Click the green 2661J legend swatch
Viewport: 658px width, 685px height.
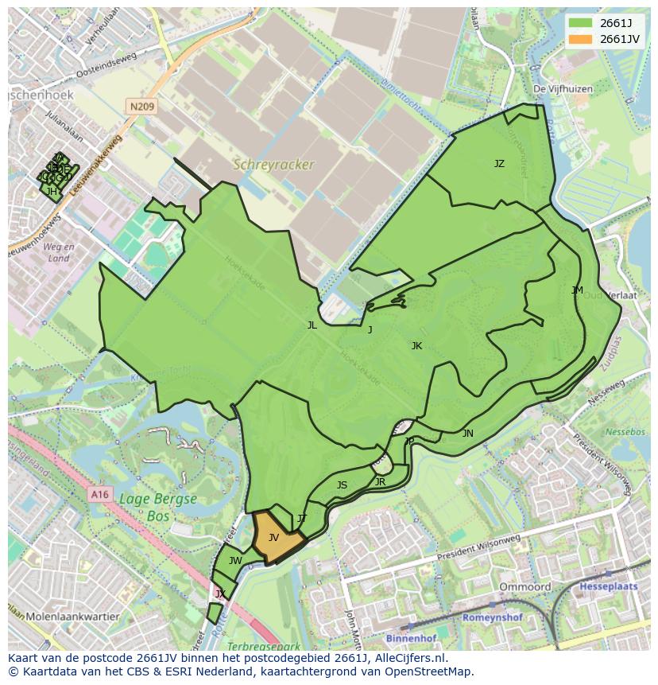[581, 23]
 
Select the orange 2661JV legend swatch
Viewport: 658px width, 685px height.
[581, 39]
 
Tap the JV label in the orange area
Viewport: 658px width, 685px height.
[273, 538]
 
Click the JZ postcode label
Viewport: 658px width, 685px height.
[499, 164]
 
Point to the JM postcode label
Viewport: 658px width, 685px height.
[577, 290]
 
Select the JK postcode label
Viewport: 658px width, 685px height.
[416, 345]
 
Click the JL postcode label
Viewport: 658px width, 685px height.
[312, 325]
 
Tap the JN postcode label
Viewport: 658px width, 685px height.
[468, 433]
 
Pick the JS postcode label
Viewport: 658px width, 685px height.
[342, 485]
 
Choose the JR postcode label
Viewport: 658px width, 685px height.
[380, 481]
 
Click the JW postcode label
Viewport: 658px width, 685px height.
[235, 560]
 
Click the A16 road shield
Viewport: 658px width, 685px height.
[99, 494]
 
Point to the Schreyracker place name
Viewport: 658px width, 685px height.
[273, 165]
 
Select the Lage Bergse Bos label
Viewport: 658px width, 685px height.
[157, 507]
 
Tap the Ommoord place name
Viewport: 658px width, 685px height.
[524, 586]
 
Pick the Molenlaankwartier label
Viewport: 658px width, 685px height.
[72, 616]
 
